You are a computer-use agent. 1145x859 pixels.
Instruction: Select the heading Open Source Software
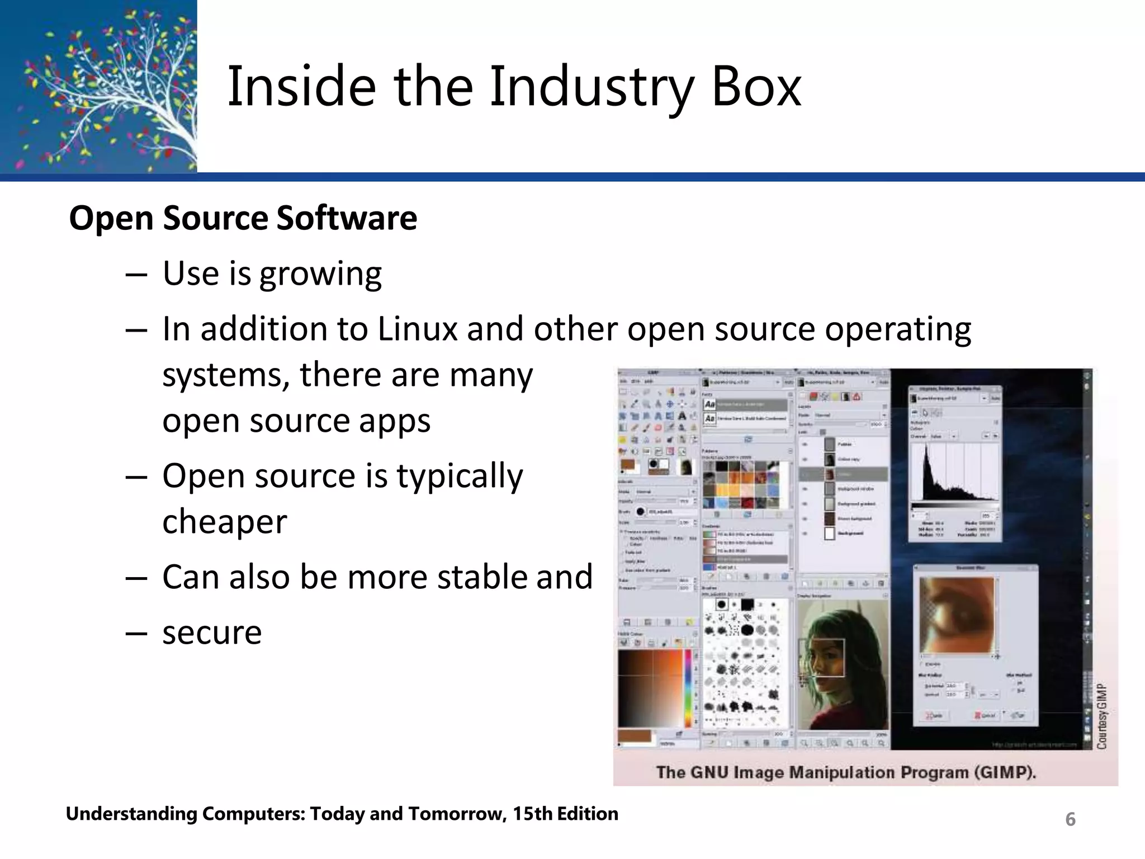(x=243, y=218)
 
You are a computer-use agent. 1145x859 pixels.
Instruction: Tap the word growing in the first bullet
(x=320, y=275)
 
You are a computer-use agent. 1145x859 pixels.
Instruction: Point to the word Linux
(x=418, y=329)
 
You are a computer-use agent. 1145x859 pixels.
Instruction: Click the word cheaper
(x=225, y=521)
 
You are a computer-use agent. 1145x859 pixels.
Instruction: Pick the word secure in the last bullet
(x=212, y=633)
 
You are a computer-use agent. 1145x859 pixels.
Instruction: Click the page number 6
(x=1070, y=819)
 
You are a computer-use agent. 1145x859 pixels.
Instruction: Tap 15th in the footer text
(x=532, y=814)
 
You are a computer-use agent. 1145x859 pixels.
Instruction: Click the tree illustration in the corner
(x=98, y=86)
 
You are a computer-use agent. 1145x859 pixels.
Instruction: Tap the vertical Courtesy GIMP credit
(x=1101, y=716)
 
